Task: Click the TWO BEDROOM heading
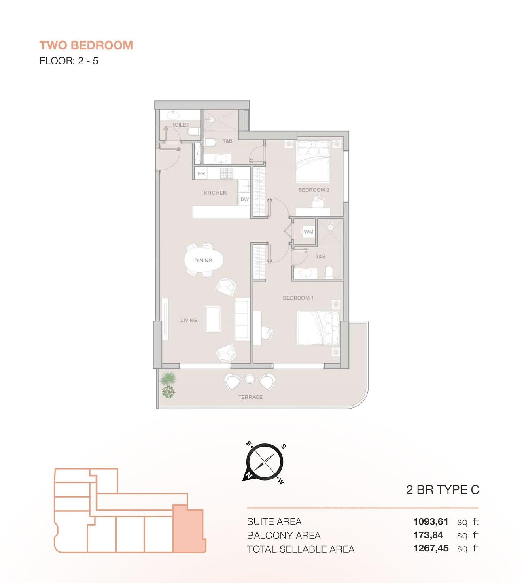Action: click(x=86, y=45)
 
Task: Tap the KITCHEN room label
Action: click(x=215, y=193)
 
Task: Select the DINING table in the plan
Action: click(x=203, y=260)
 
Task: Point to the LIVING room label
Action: click(x=189, y=320)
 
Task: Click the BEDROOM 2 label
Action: click(x=314, y=190)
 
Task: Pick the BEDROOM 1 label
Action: click(x=298, y=298)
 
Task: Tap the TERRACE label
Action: click(x=250, y=397)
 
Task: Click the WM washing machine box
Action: click(x=309, y=232)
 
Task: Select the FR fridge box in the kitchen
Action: click(x=201, y=174)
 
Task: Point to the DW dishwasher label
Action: click(x=245, y=199)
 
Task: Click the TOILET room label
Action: click(x=180, y=125)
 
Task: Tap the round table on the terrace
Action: click(x=250, y=379)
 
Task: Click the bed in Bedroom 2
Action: click(x=313, y=161)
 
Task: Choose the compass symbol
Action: click(x=265, y=462)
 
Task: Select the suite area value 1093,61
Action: click(x=431, y=522)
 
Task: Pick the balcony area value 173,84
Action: click(x=428, y=535)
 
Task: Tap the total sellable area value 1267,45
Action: click(x=431, y=549)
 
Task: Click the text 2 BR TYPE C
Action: click(x=443, y=490)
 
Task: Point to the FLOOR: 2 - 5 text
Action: click(x=69, y=61)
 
